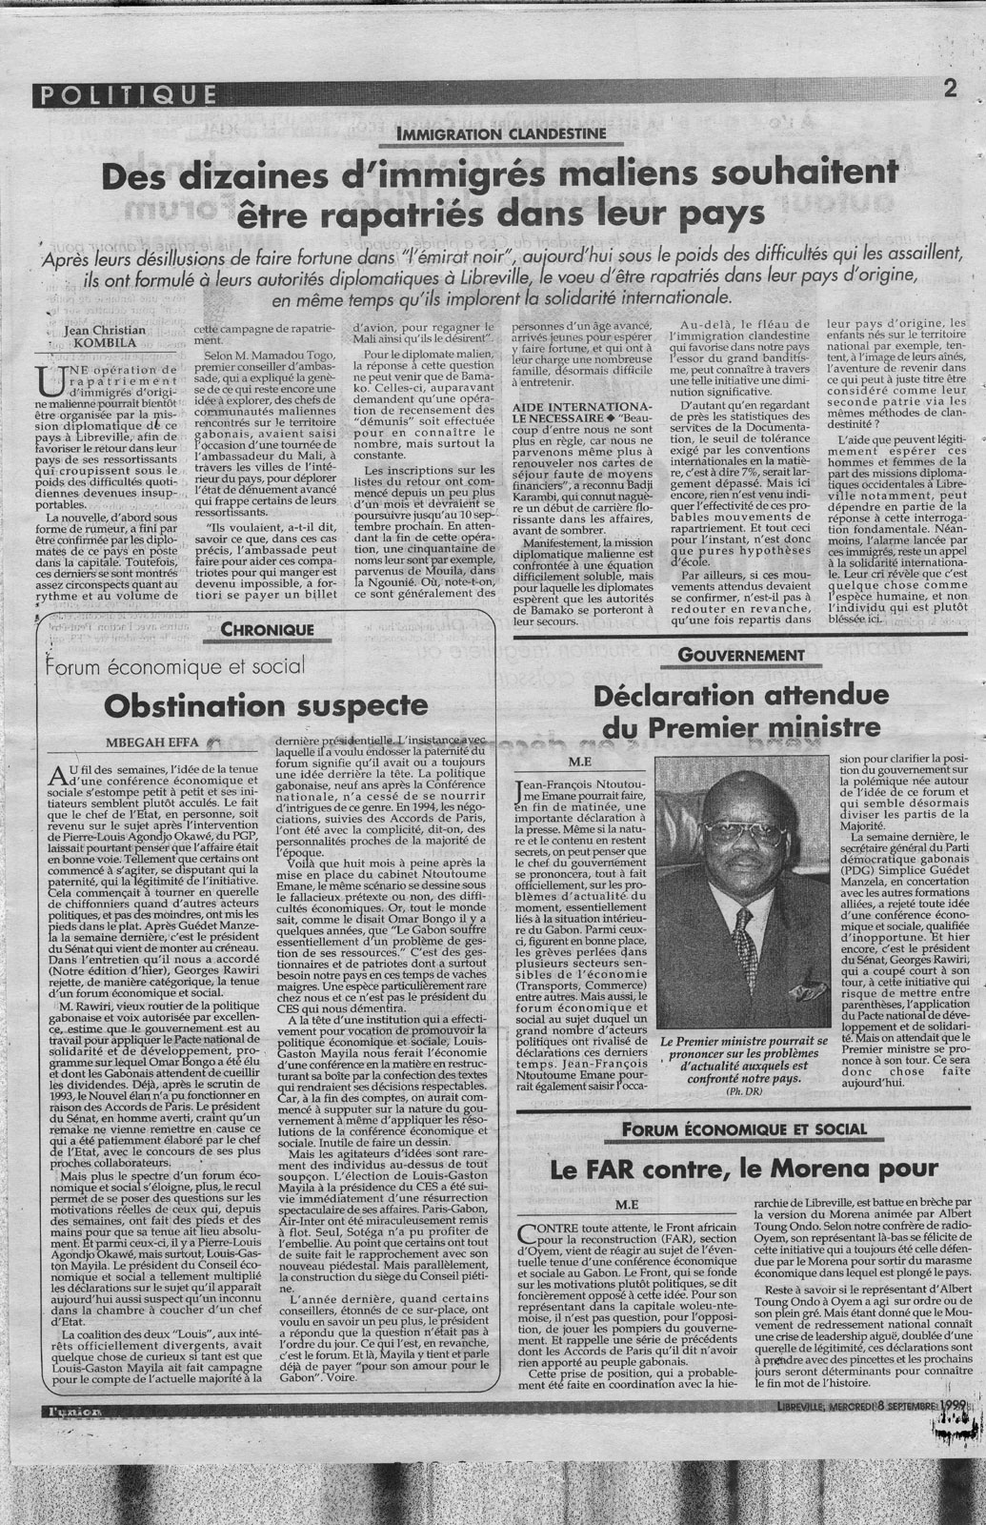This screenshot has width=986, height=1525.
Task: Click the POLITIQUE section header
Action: point(124,92)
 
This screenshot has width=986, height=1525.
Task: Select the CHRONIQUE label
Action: point(267,630)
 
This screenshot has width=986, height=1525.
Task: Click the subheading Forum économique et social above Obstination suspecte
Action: point(177,666)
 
